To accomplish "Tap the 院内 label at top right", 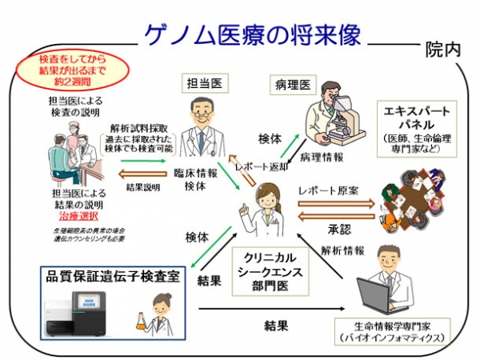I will click(x=442, y=48).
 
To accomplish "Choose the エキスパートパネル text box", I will click(x=419, y=126).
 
